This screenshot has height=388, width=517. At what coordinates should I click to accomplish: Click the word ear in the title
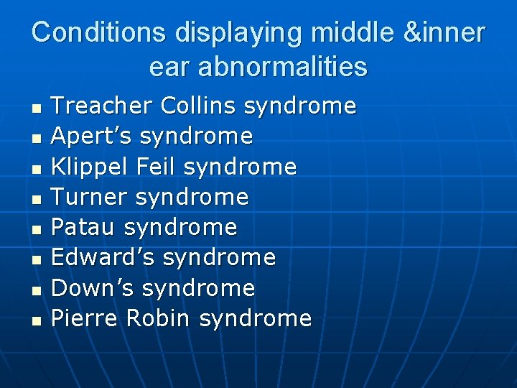pos(167,67)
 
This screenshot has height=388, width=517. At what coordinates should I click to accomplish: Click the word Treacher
pos(102,106)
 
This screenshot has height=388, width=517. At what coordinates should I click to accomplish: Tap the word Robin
pos(159,318)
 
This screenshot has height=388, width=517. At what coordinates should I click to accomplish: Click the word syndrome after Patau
pos(180,228)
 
